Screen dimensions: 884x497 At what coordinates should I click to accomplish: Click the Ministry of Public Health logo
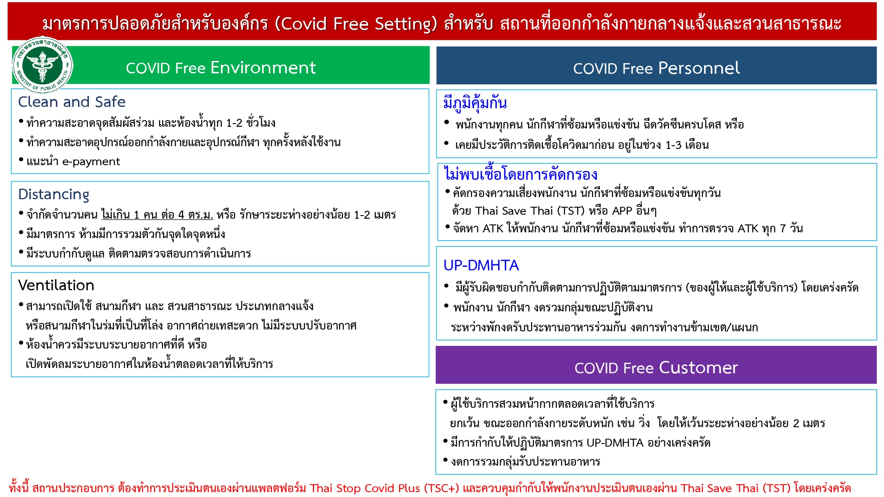(x=42, y=64)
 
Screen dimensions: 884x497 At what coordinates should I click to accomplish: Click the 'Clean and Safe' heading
(x=72, y=102)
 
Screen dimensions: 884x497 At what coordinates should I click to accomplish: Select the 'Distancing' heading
(x=53, y=194)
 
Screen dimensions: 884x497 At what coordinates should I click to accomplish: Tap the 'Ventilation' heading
(x=56, y=285)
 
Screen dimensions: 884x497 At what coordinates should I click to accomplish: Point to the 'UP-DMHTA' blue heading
(x=481, y=265)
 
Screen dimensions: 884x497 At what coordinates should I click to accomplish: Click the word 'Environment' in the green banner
(x=263, y=68)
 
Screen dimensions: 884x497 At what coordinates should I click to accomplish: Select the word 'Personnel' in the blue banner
(x=699, y=68)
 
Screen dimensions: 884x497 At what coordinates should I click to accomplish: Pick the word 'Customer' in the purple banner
(x=698, y=368)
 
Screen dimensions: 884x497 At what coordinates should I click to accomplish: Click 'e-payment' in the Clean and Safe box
(x=91, y=162)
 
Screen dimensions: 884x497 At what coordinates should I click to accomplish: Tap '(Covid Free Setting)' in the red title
(x=356, y=23)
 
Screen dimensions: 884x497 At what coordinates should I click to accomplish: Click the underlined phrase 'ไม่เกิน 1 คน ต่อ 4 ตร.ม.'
(x=157, y=215)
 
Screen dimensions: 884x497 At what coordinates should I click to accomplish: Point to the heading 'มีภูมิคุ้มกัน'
(x=475, y=103)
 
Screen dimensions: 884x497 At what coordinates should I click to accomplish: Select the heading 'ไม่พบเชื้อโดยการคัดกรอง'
(x=521, y=174)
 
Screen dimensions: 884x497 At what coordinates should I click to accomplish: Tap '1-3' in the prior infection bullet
(x=673, y=145)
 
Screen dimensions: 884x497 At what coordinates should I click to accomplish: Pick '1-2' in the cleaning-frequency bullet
(x=234, y=123)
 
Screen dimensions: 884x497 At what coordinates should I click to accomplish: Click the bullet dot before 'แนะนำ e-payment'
(x=21, y=159)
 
